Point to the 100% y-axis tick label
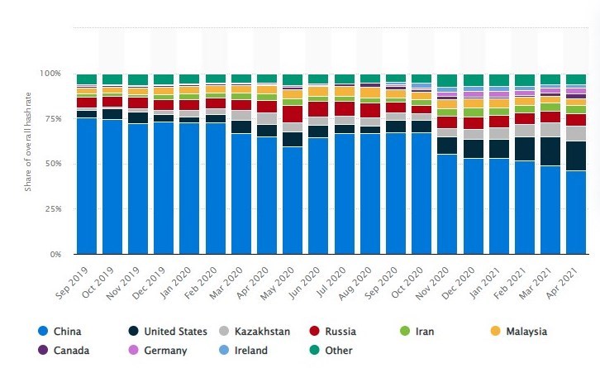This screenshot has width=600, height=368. pos(50,74)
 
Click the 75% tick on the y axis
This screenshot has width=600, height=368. pos(53,118)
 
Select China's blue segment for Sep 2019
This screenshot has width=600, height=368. pos(87,186)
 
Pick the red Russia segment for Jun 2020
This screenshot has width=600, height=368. pos(318,108)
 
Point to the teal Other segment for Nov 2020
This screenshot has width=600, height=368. pos(447,81)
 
